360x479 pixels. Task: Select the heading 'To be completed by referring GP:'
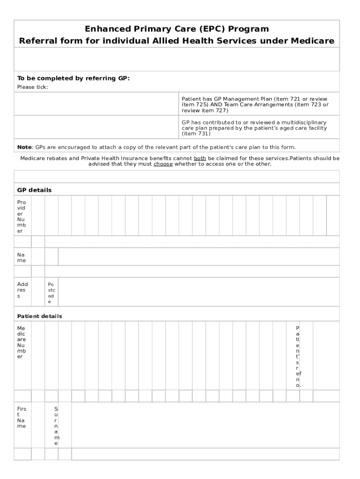click(73, 78)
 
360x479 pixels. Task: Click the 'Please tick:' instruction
click(33, 87)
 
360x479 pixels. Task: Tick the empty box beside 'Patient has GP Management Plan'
click(96, 104)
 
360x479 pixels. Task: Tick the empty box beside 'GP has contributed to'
click(96, 127)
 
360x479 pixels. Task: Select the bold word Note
click(24, 147)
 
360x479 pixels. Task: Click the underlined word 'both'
click(200, 158)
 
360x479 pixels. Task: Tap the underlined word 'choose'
click(163, 164)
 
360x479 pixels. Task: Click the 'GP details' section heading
click(35, 190)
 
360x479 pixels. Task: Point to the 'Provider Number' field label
click(22, 217)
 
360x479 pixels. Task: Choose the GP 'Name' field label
click(22, 257)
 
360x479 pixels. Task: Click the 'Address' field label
click(22, 290)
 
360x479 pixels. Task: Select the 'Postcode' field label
click(51, 293)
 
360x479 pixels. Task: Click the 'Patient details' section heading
click(40, 316)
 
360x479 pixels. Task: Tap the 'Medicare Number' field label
click(22, 342)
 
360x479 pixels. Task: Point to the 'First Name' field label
click(22, 417)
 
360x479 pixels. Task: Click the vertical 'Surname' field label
click(56, 426)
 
